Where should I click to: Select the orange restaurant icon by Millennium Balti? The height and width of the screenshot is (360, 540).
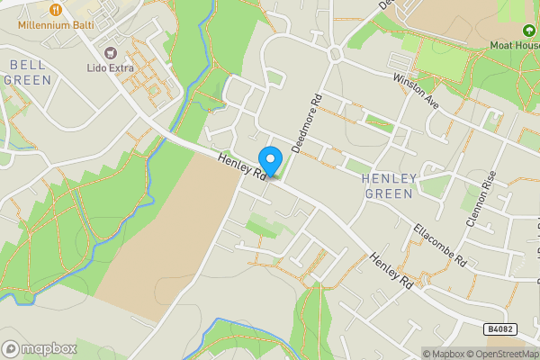[56, 9]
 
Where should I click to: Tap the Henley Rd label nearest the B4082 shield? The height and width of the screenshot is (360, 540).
[391, 271]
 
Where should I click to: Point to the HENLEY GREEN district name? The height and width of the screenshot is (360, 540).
[388, 186]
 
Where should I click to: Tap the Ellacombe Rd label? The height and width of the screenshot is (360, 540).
[439, 245]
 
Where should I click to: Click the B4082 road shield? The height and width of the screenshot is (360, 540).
[500, 330]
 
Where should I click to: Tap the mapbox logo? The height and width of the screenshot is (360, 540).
[40, 348]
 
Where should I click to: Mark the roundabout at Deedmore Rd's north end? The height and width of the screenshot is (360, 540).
[336, 55]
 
